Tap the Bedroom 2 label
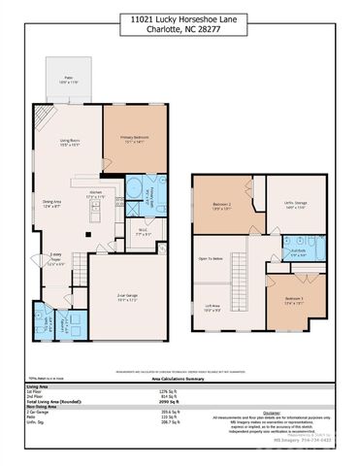click(x=222, y=205)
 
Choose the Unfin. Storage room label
click(x=293, y=206)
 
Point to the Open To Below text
click(x=211, y=259)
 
